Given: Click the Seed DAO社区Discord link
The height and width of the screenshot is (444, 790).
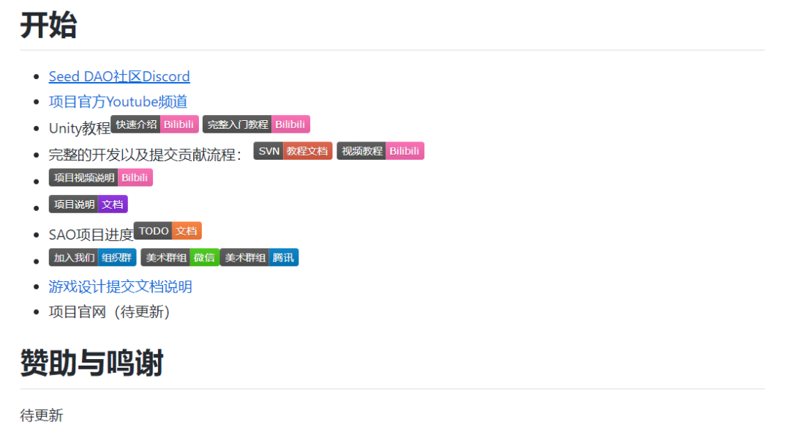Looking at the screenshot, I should click(119, 76).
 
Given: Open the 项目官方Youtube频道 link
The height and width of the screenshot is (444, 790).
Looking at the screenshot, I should click(118, 102).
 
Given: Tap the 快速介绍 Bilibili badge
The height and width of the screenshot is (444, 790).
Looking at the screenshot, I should click(154, 125).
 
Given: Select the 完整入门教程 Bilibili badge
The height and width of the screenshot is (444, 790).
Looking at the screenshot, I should click(256, 125).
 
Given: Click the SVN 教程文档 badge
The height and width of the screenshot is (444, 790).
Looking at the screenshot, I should click(293, 151).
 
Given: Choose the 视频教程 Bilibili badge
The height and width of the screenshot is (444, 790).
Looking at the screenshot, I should click(380, 151).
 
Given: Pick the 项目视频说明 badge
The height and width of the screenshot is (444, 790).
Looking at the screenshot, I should click(101, 177).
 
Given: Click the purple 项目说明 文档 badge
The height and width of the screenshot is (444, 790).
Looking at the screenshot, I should click(89, 204).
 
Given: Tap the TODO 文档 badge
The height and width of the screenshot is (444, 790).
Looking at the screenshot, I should click(168, 231).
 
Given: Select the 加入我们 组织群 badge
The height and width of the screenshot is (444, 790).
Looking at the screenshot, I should click(93, 257).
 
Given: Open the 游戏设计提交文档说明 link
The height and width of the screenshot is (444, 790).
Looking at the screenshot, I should click(121, 286).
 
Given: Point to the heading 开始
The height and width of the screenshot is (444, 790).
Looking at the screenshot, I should click(48, 26).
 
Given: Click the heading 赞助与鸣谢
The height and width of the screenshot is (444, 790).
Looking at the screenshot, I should click(91, 363).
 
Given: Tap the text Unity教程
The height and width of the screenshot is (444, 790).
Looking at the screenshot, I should click(79, 129).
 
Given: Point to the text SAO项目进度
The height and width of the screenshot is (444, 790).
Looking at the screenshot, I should click(91, 234).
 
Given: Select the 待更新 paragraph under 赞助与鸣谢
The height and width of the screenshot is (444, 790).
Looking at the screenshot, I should click(42, 415).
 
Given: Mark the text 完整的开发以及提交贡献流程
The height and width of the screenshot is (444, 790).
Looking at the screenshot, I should click(144, 155).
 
